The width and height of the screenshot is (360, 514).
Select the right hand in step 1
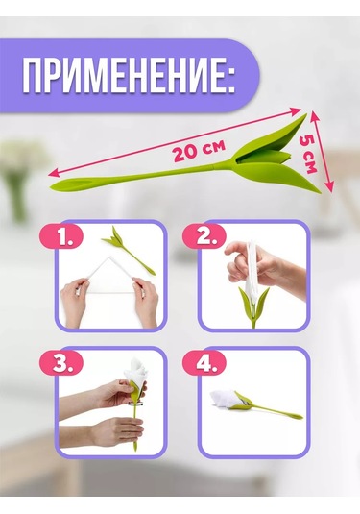click(x=145, y=300)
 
